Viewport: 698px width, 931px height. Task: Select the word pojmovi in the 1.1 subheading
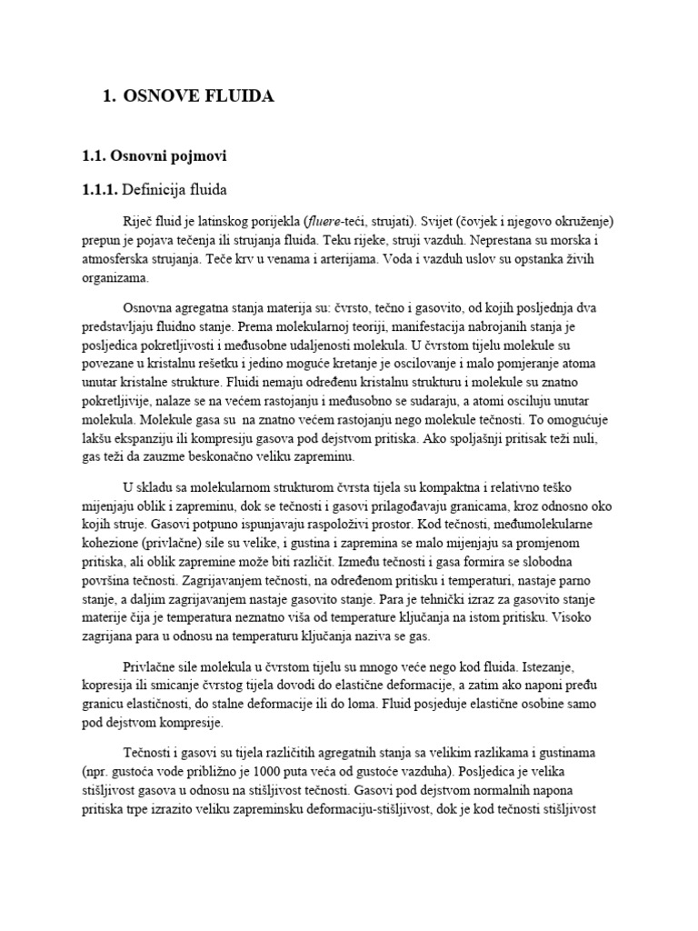(x=197, y=157)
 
